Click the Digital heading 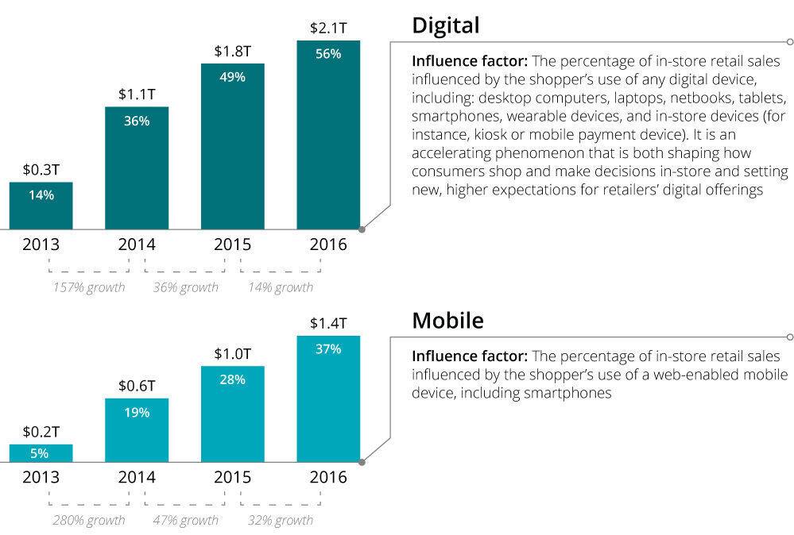[x=445, y=26]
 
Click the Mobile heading [x=447, y=321]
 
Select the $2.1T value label [x=327, y=29]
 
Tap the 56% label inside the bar [x=327, y=54]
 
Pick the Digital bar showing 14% [x=41, y=206]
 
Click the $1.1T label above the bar [x=137, y=94]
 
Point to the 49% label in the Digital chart [x=232, y=77]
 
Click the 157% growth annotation [x=89, y=287]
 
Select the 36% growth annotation [x=185, y=287]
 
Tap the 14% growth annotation [x=281, y=287]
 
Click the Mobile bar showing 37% [x=327, y=397]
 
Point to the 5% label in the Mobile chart [x=41, y=453]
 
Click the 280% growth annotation [x=89, y=521]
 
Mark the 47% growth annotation [x=185, y=521]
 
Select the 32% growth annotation [x=281, y=521]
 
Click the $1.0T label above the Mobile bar [x=232, y=354]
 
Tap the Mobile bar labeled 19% [x=137, y=429]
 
